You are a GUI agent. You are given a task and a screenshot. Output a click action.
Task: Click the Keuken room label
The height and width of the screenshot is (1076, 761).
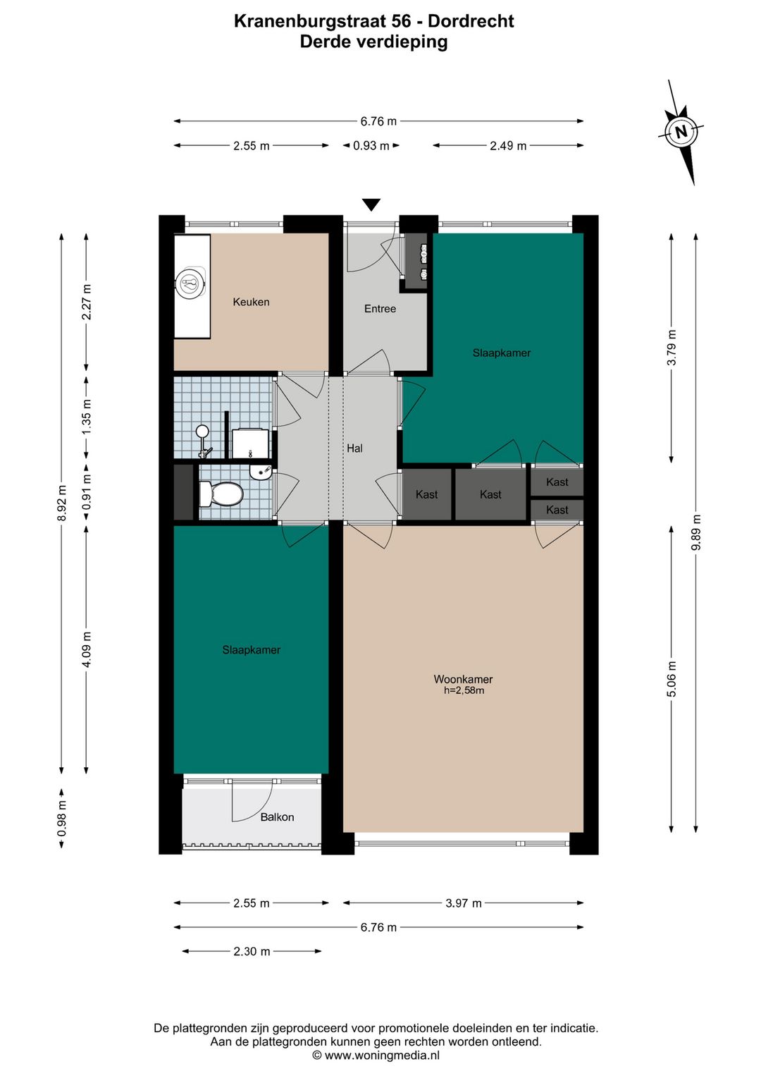pos(251,302)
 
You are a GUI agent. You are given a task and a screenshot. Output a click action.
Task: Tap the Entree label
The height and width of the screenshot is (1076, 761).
pos(380,309)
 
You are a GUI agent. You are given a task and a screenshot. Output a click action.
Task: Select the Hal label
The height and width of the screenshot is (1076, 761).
pos(355,448)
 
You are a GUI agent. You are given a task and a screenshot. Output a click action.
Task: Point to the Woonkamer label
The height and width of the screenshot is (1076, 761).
pos(463,679)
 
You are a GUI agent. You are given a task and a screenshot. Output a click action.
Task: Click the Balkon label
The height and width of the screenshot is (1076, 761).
pos(277,817)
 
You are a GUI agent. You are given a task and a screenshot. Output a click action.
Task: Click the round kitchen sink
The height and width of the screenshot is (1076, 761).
pos(191,283)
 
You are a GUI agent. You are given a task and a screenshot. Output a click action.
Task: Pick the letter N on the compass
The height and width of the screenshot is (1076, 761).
pos(681,131)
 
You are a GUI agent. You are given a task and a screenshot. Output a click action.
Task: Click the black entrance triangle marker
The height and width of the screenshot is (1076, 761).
pos(371,204)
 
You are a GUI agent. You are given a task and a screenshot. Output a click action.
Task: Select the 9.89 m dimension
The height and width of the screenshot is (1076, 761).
pos(695,533)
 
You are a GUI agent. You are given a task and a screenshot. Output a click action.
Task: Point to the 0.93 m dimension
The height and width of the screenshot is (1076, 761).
pos(371,145)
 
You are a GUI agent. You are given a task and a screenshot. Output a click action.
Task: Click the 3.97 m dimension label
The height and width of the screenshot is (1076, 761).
pos(464,903)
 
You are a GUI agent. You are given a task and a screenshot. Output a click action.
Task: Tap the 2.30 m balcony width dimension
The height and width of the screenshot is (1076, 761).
pos(252,951)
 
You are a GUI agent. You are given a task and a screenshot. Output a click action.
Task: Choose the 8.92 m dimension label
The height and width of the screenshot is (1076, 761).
pos(61,503)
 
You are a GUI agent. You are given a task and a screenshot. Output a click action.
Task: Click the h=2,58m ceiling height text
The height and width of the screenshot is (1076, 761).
pos(464,691)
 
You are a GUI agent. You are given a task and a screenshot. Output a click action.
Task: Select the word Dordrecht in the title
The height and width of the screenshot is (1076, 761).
pos(471,21)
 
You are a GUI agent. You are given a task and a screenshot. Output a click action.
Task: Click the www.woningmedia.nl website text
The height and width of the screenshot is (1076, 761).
pos(382,1056)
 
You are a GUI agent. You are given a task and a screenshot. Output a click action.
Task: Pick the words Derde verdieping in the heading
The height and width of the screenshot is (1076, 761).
pos(373,42)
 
